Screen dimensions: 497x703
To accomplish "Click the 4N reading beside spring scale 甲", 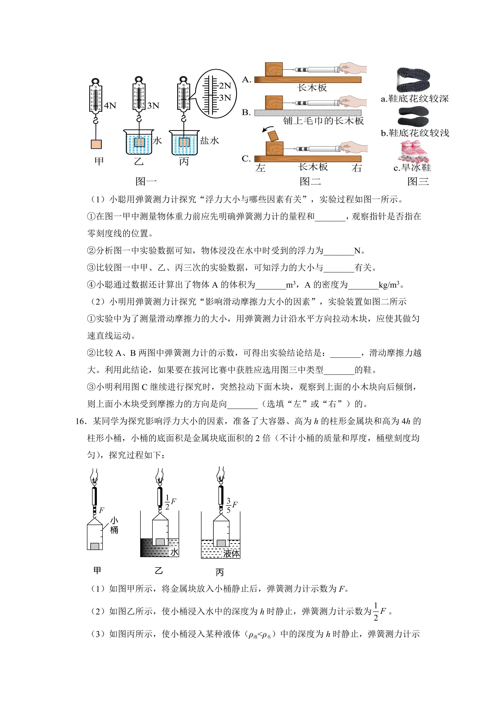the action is coord(110,106).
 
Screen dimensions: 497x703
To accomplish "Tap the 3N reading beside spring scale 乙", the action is coord(153,106).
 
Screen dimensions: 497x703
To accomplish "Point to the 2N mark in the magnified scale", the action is coord(225,86).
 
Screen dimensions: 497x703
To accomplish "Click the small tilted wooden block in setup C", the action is coord(274,136).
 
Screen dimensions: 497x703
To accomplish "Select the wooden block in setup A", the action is coord(274,70).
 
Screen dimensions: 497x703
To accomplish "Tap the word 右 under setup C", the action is coord(357,168).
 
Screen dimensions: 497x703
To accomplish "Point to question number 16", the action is coord(81,421).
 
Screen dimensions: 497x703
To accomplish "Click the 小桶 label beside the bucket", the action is coord(114,525).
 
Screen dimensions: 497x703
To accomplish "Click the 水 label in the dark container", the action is coord(174,552).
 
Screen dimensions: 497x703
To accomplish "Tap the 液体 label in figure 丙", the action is coord(231,553).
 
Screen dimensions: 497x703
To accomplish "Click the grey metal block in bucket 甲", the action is coord(95,546).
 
